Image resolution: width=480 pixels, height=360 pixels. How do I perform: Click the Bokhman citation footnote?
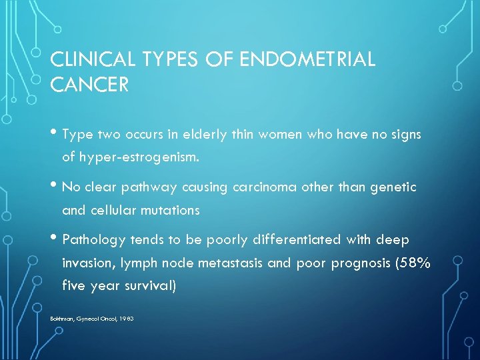tap(92, 319)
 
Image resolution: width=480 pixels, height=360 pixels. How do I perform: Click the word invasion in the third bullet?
tap(84, 263)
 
